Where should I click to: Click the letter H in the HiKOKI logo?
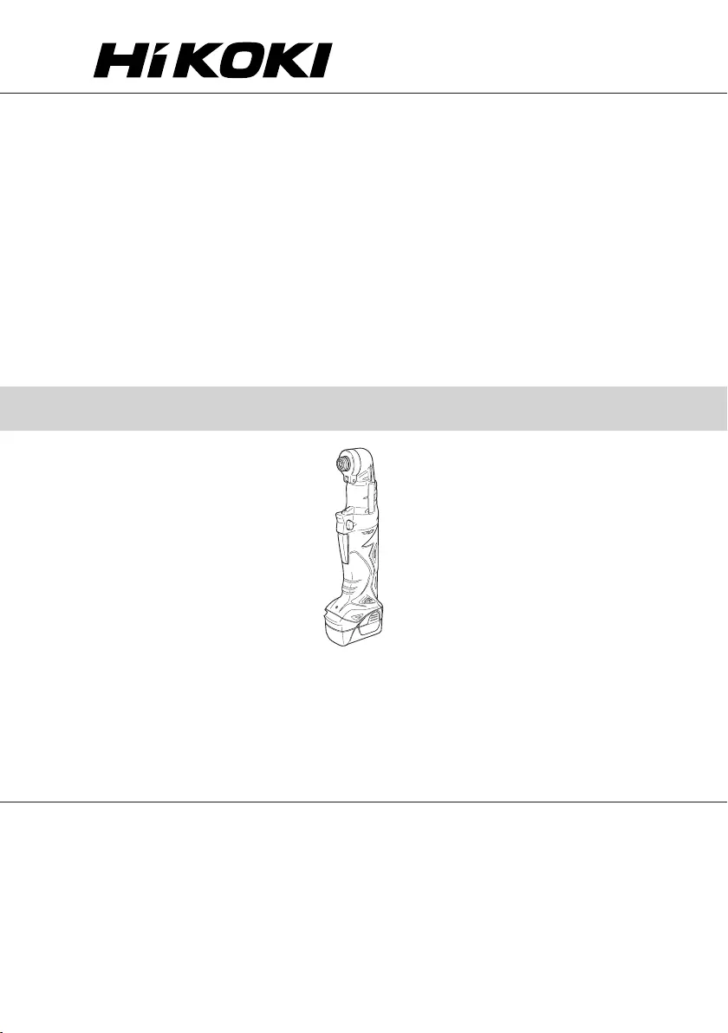click(118, 62)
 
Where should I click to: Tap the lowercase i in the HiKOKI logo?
click(153, 62)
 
